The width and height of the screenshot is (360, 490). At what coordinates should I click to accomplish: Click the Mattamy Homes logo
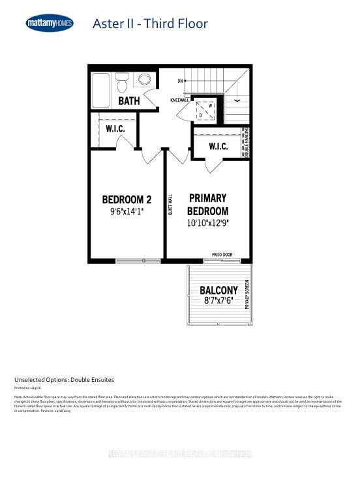[50, 24]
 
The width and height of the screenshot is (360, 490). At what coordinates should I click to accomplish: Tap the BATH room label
[129, 101]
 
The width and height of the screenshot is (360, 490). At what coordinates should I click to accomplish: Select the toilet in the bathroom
[122, 83]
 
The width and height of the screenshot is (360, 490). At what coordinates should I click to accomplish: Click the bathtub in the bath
[100, 89]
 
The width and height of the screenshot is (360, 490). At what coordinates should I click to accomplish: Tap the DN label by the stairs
[179, 81]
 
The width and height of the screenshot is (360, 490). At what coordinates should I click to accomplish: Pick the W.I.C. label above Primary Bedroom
[218, 147]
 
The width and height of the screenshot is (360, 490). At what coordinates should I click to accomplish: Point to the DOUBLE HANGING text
[247, 142]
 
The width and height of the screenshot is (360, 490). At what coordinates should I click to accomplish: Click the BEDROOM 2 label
[127, 199]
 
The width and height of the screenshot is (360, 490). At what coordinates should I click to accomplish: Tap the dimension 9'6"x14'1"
[127, 212]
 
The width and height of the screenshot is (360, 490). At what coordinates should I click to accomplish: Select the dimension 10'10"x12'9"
[208, 223]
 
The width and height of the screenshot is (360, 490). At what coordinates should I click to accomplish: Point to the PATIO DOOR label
[222, 255]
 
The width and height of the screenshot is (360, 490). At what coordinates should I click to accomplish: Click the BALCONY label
[218, 290]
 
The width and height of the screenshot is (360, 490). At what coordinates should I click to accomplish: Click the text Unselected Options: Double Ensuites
[64, 379]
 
